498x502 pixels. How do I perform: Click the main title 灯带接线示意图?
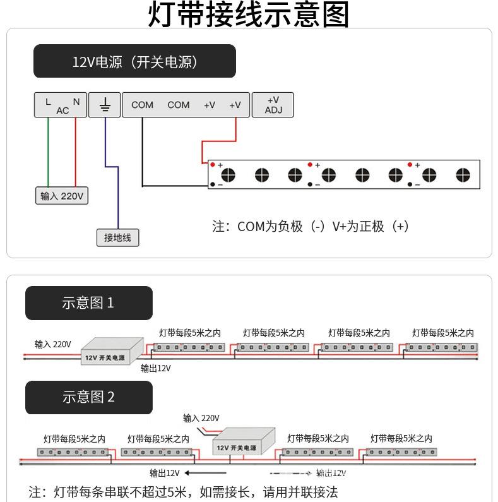(249, 15)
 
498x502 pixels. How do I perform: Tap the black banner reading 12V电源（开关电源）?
(134, 61)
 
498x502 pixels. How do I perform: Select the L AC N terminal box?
(60, 105)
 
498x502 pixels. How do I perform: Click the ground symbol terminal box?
(105, 105)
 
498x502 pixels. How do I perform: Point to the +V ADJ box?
(273, 105)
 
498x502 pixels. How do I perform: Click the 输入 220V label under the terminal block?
(61, 196)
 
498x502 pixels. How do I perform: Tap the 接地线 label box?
(117, 237)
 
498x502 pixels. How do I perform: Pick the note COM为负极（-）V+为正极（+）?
(311, 226)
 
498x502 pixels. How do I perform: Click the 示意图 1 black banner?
(88, 302)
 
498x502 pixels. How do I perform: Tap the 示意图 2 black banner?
(88, 397)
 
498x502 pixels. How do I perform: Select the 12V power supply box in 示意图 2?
(243, 442)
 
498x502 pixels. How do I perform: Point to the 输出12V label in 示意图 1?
(155, 368)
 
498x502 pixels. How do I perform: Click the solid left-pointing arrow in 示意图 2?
(205, 472)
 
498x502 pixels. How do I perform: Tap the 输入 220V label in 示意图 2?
(201, 418)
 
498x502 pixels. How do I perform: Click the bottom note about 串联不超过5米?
(184, 491)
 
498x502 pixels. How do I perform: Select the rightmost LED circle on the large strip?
(463, 175)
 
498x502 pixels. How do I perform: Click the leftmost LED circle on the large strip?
(228, 175)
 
